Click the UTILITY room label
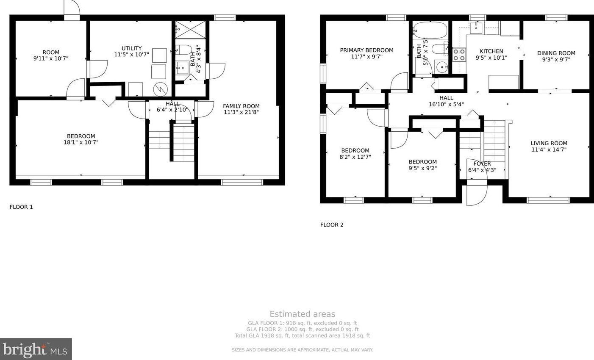132,48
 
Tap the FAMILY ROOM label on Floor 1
241,106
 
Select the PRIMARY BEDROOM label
366,50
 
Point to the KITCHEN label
491,51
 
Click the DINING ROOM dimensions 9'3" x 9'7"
556,59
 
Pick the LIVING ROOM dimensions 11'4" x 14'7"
549,150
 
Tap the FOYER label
482,163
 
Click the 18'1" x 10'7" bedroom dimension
81,142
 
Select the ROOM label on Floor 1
51,53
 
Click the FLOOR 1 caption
21,207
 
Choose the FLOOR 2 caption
332,225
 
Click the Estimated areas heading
302,314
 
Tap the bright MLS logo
36,349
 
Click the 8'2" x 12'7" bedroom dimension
355,157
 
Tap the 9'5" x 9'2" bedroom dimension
422,168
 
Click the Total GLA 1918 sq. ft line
302,335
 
